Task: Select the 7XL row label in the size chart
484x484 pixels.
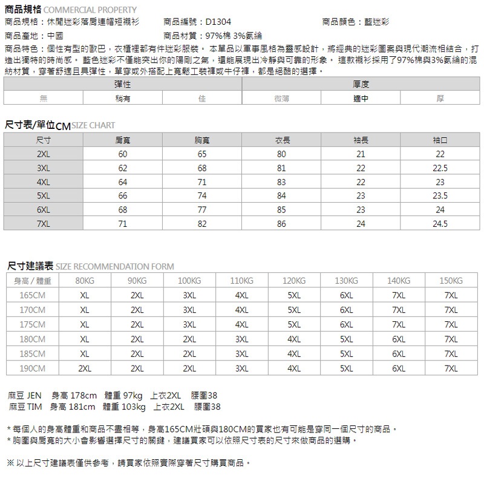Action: (44, 224)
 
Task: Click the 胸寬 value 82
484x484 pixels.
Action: (201, 224)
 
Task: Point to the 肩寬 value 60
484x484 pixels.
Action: (123, 154)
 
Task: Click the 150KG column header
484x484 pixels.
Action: (451, 281)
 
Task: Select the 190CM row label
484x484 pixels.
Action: (33, 368)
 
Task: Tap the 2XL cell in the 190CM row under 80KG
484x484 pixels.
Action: (85, 368)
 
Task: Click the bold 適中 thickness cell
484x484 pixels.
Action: (361, 99)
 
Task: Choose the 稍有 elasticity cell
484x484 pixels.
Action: (123, 99)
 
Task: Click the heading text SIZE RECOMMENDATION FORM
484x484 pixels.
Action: (114, 266)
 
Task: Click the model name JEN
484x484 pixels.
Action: (34, 396)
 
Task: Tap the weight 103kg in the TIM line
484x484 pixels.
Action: (132, 407)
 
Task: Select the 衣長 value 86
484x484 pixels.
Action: (281, 224)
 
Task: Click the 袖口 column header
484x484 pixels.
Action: (440, 140)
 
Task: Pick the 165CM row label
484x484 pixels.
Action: (33, 296)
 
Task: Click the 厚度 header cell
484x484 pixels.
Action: (361, 85)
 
